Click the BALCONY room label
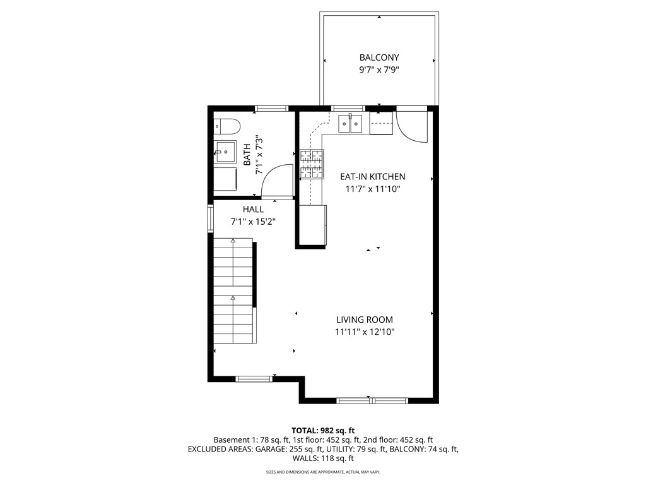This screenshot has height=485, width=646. coord(379,57)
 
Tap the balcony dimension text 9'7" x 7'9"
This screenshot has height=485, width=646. coord(379,70)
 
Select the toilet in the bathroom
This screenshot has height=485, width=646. coord(225,126)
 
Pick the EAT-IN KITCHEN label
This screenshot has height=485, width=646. coord(372,177)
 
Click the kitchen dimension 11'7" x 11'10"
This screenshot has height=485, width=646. coord(372,189)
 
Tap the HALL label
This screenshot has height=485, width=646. coord(253,209)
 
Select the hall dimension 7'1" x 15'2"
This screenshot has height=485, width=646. coord(253,222)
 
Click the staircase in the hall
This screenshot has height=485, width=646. coord(233,290)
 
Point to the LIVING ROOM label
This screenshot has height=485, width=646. coord(365,320)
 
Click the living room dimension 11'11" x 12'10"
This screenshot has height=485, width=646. coord(365,332)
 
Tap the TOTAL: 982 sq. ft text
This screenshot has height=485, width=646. coord(323,431)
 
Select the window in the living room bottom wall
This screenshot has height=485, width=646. coord(372,400)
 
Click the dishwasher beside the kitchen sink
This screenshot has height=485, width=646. coord(381,124)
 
